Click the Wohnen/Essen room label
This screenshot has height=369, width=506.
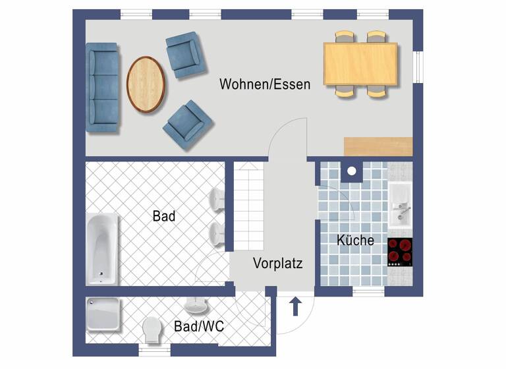[x=265, y=84]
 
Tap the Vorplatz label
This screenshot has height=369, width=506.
[x=277, y=264]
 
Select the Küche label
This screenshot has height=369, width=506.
[x=355, y=241]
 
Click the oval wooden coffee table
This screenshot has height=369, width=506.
[x=146, y=85]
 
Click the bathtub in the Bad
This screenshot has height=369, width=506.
[x=102, y=247]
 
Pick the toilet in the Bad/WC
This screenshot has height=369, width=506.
[x=152, y=329]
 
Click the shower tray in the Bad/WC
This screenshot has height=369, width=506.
[x=103, y=315]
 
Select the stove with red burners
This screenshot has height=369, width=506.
[x=400, y=251]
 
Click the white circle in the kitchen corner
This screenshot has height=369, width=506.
[x=352, y=171]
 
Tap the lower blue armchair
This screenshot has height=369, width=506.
[x=188, y=124]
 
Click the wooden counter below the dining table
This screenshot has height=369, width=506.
[x=378, y=144]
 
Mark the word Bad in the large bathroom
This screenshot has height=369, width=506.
[x=163, y=216]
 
